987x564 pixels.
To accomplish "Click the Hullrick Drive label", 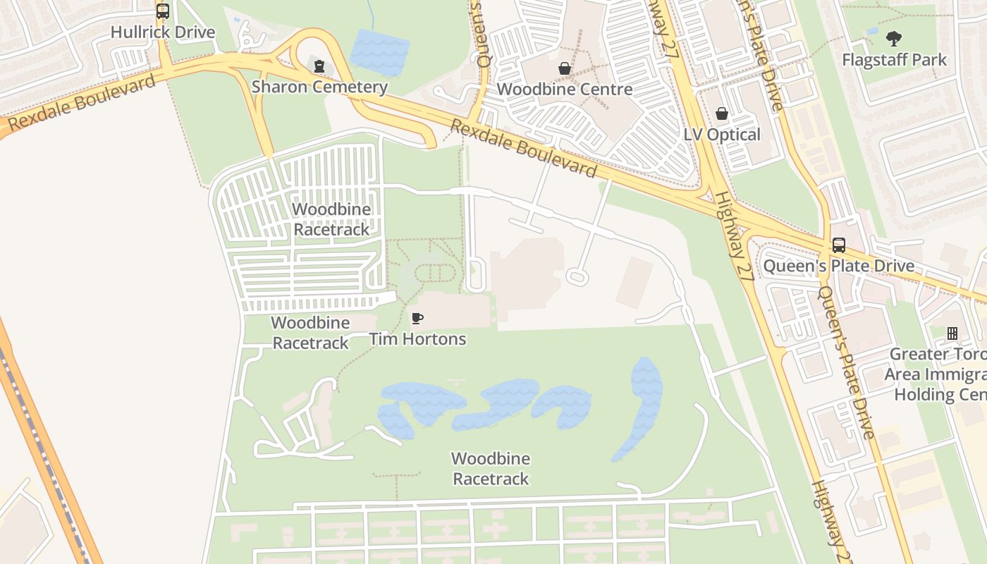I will [163, 32].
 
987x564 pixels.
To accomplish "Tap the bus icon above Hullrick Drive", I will [163, 11].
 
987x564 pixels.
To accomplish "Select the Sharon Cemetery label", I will [319, 87].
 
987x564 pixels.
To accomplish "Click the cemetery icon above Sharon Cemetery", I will [319, 66].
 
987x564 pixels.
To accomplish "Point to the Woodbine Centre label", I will [564, 90].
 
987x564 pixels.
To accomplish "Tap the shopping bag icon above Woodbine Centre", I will [565, 68].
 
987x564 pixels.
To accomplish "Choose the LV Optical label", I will [722, 135].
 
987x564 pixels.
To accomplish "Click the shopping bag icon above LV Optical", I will [722, 114].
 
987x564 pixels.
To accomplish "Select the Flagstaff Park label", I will [895, 60].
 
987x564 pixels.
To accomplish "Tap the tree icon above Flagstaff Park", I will [895, 38].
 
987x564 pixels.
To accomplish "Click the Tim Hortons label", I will [417, 339].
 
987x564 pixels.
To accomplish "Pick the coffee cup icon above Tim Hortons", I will [417, 318].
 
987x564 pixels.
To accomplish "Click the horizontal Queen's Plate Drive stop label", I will [839, 266].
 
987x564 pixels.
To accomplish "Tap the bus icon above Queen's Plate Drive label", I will [839, 245].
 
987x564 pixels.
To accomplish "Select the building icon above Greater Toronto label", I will [952, 333].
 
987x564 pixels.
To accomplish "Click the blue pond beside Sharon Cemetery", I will [379, 51].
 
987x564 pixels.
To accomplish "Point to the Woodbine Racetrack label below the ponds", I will [491, 469].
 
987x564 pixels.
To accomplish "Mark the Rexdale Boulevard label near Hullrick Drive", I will [83, 103].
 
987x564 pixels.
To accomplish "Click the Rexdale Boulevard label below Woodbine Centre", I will [523, 149].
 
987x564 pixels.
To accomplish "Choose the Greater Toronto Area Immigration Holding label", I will [938, 374].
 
